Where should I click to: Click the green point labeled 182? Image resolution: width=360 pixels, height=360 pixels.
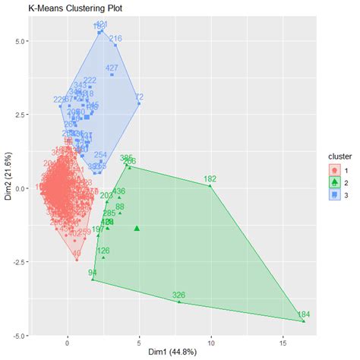210,185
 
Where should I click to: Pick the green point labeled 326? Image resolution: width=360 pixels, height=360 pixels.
179,302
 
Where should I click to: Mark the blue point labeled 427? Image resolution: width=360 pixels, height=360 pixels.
112,74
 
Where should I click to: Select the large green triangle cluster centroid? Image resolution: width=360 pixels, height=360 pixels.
137,228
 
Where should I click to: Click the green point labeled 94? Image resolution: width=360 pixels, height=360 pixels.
93,279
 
